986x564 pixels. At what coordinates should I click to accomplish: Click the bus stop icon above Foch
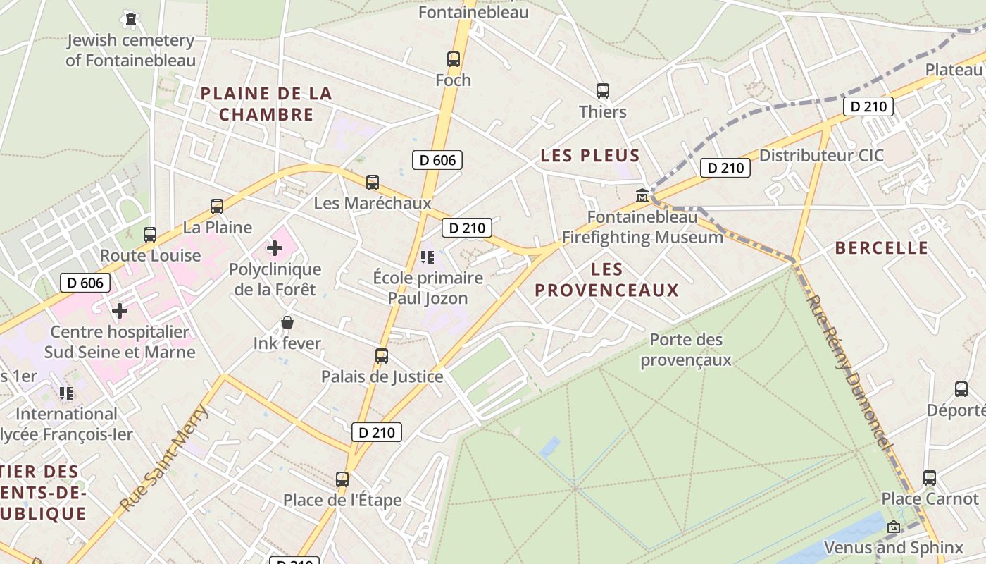[454, 59]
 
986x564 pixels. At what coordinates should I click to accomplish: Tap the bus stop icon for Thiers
[603, 91]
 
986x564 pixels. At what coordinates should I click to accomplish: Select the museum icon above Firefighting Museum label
[642, 195]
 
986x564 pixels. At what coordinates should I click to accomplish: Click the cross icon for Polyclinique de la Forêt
[275, 248]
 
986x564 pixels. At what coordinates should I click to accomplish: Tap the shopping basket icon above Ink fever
[287, 323]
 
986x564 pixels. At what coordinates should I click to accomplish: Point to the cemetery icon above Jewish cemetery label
[130, 19]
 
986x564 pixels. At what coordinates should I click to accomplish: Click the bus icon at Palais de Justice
[382, 356]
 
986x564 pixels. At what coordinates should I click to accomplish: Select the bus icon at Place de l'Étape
[342, 479]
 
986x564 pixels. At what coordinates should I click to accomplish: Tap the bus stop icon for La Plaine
[217, 207]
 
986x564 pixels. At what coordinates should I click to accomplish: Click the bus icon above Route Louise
[150, 235]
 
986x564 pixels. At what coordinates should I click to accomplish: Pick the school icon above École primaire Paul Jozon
[428, 257]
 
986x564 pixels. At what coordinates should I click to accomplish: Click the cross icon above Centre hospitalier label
[120, 310]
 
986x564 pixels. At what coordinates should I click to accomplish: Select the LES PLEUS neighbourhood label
[590, 156]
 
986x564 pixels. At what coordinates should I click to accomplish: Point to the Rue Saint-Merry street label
[163, 457]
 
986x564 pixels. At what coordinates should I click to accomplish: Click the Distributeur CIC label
[821, 156]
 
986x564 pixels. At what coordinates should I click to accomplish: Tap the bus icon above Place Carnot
[930, 478]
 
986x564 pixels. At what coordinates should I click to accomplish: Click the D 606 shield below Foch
[437, 160]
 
